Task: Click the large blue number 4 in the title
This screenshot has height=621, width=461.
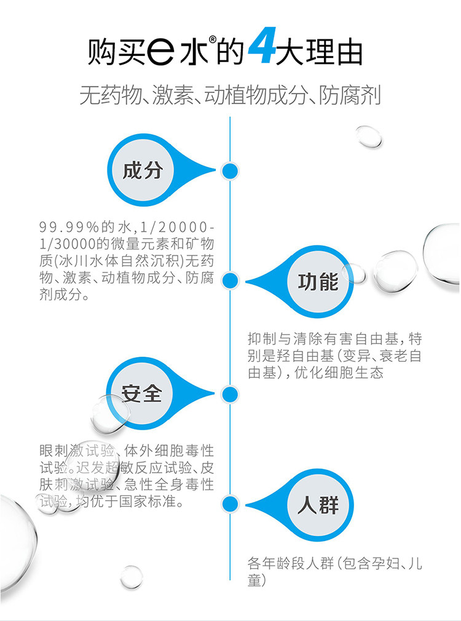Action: tap(262, 46)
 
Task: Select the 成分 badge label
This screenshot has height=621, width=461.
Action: tap(143, 170)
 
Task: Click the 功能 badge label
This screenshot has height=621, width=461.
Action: tap(318, 282)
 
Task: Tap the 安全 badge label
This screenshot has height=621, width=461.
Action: tap(141, 393)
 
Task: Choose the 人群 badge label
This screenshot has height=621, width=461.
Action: tap(318, 505)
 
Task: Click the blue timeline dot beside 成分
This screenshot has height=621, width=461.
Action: tap(230, 171)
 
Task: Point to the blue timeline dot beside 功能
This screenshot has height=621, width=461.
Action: tap(230, 281)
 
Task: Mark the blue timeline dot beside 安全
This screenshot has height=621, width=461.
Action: tap(230, 394)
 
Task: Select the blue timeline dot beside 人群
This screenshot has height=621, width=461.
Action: tap(230, 504)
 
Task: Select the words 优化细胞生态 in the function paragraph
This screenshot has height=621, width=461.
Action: tap(339, 373)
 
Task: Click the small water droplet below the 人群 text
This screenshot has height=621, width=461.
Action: tap(132, 577)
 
